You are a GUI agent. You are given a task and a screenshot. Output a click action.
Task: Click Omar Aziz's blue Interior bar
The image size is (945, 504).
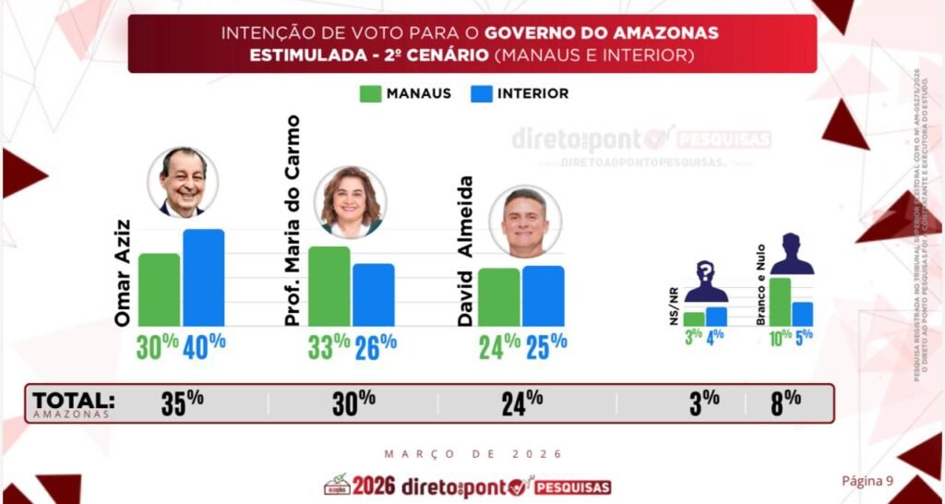click(203, 277)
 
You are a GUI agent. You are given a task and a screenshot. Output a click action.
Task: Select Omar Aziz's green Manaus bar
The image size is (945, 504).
click(159, 289)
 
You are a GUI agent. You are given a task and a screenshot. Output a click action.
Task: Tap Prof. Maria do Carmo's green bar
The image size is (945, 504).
click(329, 286)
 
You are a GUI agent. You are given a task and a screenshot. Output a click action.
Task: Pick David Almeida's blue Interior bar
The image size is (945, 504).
click(543, 295)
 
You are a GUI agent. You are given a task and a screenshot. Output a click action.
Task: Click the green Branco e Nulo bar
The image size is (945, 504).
click(779, 301)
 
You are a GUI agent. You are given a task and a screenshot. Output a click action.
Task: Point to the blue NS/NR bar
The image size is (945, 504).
click(716, 317)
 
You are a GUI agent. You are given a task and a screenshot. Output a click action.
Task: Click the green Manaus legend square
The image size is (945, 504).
click(370, 93)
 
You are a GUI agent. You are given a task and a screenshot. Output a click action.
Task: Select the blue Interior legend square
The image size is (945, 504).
click(480, 93)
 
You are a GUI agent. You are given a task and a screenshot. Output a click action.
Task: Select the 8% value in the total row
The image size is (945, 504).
click(785, 402)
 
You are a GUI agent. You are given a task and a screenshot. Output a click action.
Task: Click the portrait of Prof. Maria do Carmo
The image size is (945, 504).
click(350, 202)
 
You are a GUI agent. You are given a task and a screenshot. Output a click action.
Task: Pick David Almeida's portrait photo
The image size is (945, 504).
click(524, 222)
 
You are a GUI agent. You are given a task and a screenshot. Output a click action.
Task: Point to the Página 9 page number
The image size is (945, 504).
click(867, 480)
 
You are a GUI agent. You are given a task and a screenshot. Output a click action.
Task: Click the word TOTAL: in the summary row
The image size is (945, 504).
click(74, 401)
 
